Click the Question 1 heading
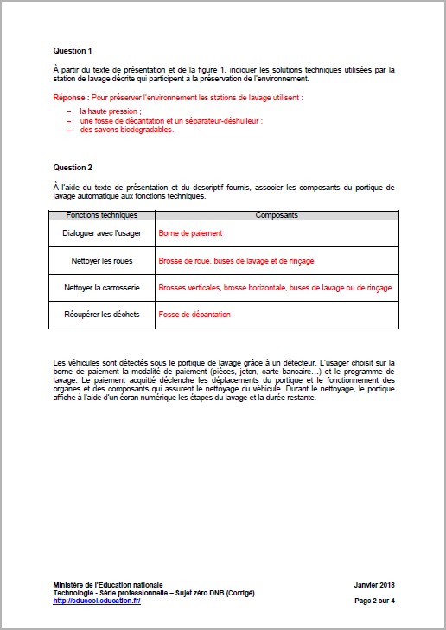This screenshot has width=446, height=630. pos(73,51)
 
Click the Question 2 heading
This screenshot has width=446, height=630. pos(73,166)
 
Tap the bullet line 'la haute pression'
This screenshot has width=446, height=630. pos(111,111)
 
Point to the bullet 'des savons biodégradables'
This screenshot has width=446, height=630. pos(127,130)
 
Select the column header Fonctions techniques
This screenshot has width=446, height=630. pos(101,213)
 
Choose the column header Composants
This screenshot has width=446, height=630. pos(274,213)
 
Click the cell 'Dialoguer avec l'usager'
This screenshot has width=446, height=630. pos(101,233)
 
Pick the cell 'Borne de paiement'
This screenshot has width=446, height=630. pos(190,233)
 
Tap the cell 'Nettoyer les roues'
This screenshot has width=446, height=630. pos(101,260)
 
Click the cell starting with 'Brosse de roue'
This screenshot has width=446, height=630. pos(236,260)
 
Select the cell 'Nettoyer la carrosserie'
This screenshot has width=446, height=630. pos(101,287)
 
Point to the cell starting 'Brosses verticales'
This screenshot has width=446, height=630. pos(274,287)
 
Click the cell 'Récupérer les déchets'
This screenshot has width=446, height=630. pos(101,314)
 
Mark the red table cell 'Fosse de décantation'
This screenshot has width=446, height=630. pos(194,314)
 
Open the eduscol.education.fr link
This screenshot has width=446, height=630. pos(97,601)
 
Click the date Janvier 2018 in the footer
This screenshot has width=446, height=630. pos(374,585)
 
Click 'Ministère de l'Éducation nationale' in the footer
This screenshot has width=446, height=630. pos(107,585)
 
